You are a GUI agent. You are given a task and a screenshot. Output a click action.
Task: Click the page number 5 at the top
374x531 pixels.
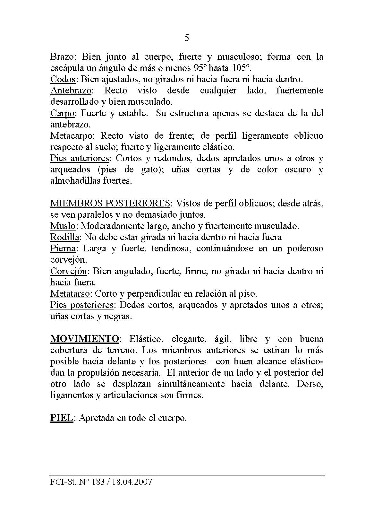click(x=187, y=38)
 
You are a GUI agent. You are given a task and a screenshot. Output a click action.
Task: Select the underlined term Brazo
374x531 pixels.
click(x=62, y=57)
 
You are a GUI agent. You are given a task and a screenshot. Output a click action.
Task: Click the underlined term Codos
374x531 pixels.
click(x=63, y=79)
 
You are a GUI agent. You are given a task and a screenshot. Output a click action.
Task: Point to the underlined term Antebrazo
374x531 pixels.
click(x=71, y=91)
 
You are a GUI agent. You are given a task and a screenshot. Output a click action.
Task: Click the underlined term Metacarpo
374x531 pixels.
click(x=71, y=136)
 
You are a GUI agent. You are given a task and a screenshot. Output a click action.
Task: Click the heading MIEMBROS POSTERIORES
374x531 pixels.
click(x=110, y=204)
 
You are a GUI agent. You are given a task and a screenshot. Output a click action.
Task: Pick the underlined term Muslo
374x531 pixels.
click(x=63, y=226)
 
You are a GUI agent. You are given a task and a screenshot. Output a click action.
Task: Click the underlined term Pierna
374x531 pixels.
click(x=63, y=249)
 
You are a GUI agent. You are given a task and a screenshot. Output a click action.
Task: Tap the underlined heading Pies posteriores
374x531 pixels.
click(x=82, y=305)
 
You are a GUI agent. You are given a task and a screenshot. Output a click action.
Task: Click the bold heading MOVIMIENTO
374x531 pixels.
click(x=85, y=339)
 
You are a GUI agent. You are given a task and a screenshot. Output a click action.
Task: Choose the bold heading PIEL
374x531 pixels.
click(x=62, y=418)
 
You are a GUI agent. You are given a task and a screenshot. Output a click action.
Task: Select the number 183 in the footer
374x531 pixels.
click(x=98, y=482)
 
